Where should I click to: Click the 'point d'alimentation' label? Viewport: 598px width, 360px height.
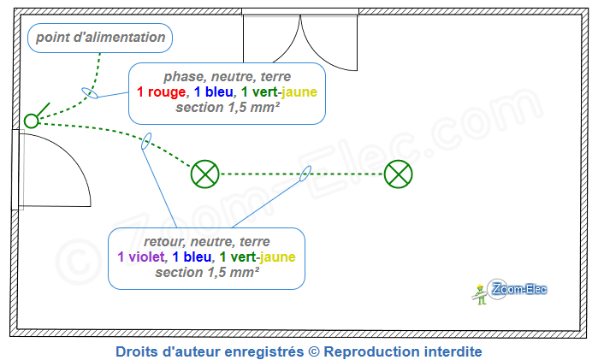[x=99, y=38]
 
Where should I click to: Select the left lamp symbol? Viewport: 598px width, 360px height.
[x=205, y=174]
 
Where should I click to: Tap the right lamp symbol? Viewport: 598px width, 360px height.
[x=398, y=174]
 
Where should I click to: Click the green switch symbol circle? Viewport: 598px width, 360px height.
[x=32, y=121]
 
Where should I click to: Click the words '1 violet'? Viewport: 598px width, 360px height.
[x=142, y=257]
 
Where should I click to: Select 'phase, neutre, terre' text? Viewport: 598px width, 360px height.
[x=228, y=76]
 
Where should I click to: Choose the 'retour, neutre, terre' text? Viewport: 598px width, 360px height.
[x=207, y=240]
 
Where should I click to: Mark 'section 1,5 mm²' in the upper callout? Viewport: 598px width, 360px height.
[x=228, y=109]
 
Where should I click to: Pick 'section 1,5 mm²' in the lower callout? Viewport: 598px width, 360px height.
[x=207, y=273]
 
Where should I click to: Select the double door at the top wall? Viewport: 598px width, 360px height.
[x=300, y=43]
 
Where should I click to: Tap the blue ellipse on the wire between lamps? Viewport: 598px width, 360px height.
[x=305, y=174]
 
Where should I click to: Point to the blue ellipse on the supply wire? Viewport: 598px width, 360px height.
[x=89, y=92]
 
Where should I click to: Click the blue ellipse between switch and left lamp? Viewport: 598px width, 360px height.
[x=147, y=141]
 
